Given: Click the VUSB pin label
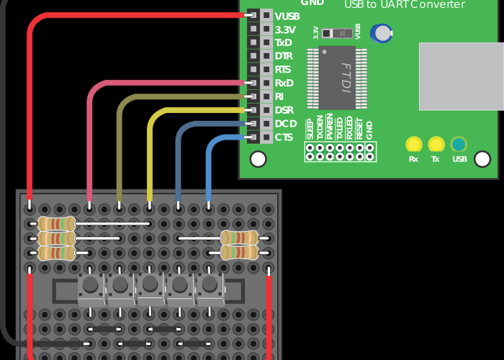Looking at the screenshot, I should pyautogui.click(x=287, y=16).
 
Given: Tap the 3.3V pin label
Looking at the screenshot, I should pyautogui.click(x=285, y=30).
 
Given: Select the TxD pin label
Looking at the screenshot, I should pyautogui.click(x=283, y=42).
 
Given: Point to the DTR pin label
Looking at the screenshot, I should pyautogui.click(x=284, y=56).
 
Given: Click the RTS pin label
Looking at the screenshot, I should pyautogui.click(x=283, y=70).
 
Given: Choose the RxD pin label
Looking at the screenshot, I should pyautogui.click(x=284, y=83).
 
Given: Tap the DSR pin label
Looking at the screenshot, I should pyautogui.click(x=284, y=110).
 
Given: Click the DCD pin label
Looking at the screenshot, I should pyautogui.click(x=285, y=124).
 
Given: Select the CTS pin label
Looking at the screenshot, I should pyautogui.click(x=284, y=137).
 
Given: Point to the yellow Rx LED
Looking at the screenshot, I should pyautogui.click(x=413, y=144).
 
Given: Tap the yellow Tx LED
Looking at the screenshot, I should pyautogui.click(x=436, y=144).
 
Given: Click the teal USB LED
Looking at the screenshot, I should pyautogui.click(x=459, y=144).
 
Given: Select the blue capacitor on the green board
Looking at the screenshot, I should pyautogui.click(x=381, y=33).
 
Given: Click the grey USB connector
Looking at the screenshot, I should pyautogui.click(x=462, y=76).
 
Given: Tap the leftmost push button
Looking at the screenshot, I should pyautogui.click(x=91, y=286).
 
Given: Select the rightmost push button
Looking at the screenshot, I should pyautogui.click(x=210, y=286).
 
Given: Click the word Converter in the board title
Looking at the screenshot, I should pyautogui.click(x=437, y=4).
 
